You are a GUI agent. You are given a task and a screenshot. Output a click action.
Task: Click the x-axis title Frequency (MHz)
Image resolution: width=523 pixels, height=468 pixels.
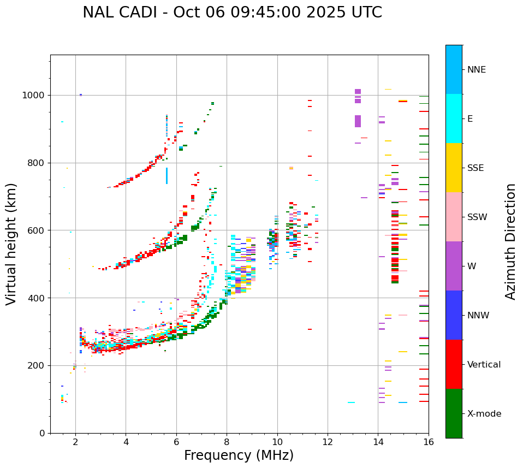[x=239, y=455]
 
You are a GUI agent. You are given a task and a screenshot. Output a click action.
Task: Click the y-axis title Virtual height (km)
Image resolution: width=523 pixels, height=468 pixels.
[x=11, y=244]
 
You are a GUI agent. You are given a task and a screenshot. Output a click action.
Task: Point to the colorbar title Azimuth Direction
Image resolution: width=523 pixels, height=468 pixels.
[x=510, y=241]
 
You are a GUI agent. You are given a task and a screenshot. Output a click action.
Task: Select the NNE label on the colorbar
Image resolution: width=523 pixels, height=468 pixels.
[x=476, y=70]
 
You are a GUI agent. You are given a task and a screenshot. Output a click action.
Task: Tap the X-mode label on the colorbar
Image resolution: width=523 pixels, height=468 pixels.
[x=484, y=414]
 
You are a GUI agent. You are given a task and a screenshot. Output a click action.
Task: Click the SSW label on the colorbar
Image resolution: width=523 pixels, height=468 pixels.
[x=477, y=217]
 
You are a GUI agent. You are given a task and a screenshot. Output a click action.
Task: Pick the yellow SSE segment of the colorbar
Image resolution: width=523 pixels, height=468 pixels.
[x=454, y=167]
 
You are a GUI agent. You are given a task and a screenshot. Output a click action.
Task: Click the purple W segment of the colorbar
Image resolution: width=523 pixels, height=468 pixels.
[x=454, y=265]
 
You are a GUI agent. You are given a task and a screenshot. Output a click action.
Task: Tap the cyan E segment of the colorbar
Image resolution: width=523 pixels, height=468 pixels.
[x=454, y=118]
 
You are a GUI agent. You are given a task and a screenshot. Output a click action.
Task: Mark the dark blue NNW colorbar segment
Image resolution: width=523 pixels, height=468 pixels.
[x=454, y=315]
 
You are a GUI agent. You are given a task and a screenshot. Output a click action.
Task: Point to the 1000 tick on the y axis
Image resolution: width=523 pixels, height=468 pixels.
[x=37, y=96]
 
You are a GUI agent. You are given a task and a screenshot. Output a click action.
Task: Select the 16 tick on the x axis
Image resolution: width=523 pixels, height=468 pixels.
[x=429, y=442]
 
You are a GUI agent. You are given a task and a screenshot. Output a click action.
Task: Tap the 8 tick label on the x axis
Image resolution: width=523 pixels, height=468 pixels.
[x=227, y=442]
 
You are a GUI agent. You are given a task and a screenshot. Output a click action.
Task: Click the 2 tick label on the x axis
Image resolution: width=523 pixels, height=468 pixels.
[x=75, y=442]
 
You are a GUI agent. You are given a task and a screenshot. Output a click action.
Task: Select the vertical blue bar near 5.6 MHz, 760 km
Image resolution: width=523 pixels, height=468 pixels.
[x=167, y=175]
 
